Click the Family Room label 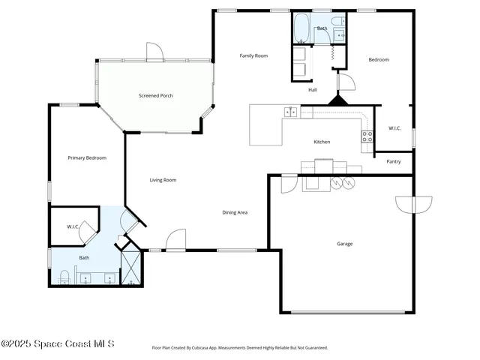(253, 55)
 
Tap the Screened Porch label (156, 95)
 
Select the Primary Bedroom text (87, 157)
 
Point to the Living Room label (163, 179)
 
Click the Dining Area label (235, 212)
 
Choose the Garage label (344, 243)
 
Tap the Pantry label (393, 161)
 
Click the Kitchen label (322, 142)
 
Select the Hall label (313, 90)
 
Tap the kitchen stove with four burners (367, 136)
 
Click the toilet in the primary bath (64, 277)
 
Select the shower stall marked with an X (130, 267)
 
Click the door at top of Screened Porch (154, 52)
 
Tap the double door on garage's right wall (414, 204)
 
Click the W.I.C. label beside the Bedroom (394, 128)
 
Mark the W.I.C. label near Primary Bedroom (73, 226)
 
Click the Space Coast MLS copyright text (58, 343)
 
